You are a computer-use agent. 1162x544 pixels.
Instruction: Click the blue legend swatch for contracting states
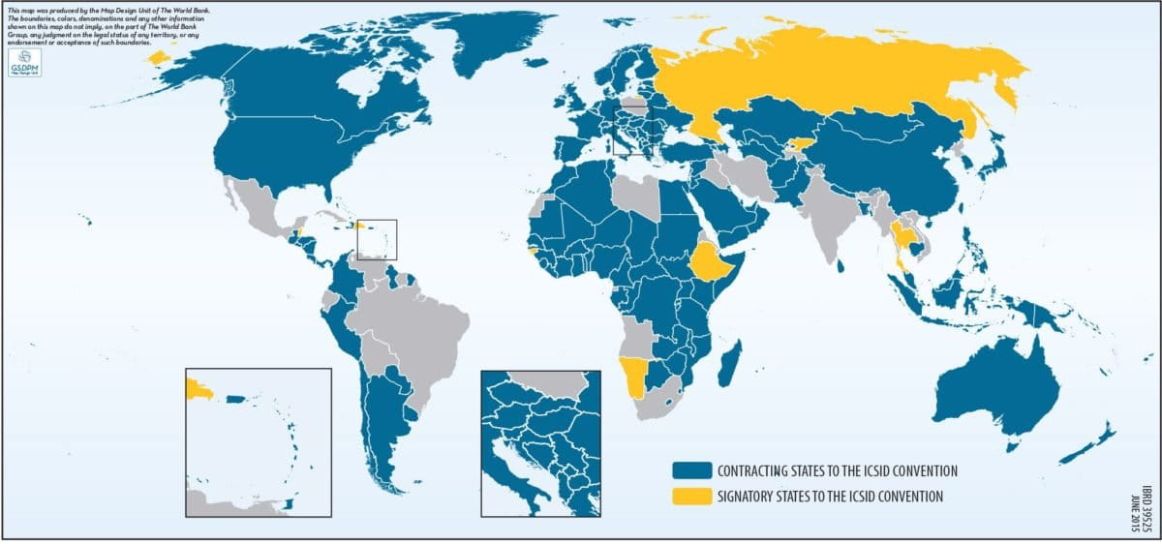coord(692,471)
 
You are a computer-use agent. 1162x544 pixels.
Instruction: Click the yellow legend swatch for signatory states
coord(692,498)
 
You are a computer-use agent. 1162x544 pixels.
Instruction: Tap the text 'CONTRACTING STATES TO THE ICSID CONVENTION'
coord(837,471)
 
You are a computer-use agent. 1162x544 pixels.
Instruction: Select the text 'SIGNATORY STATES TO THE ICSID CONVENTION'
coord(829,498)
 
